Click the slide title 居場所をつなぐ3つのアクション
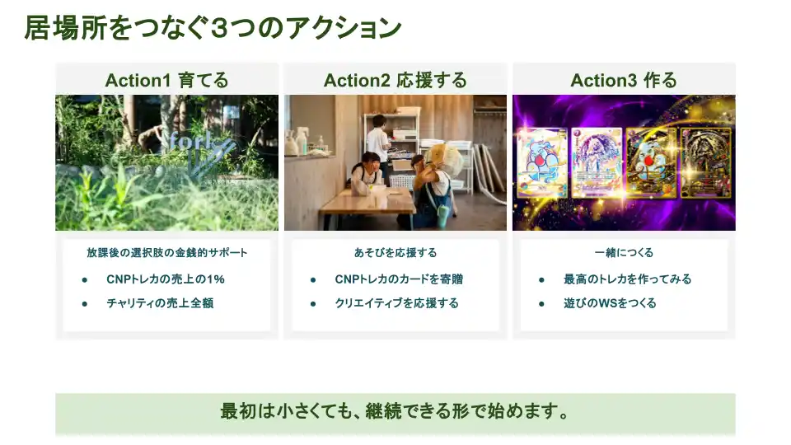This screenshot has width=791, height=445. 213,28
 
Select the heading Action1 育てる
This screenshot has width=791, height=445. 166,80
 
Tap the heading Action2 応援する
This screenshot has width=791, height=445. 395,80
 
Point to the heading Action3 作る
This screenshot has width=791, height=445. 624,80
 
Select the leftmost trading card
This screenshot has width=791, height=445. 542,162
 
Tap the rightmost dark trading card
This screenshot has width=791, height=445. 705,162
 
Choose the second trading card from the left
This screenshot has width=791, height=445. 597,162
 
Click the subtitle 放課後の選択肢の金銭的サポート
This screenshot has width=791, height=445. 167,252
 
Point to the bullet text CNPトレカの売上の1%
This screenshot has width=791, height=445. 166,279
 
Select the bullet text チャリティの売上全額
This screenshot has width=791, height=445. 160,302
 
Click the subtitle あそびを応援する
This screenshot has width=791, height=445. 395,252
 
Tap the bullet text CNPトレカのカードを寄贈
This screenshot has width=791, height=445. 399,279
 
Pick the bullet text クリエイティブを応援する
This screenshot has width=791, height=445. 397,302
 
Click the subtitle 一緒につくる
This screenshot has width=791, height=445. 624,252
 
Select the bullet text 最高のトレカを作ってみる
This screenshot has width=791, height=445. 628,279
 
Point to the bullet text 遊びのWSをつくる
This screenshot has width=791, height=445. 610,302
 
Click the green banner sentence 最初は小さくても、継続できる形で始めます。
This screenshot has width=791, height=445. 395,411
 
